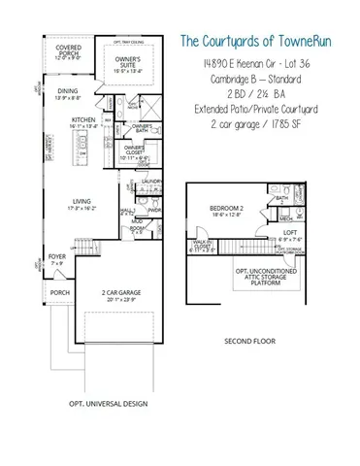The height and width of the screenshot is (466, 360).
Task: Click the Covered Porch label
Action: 69,49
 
